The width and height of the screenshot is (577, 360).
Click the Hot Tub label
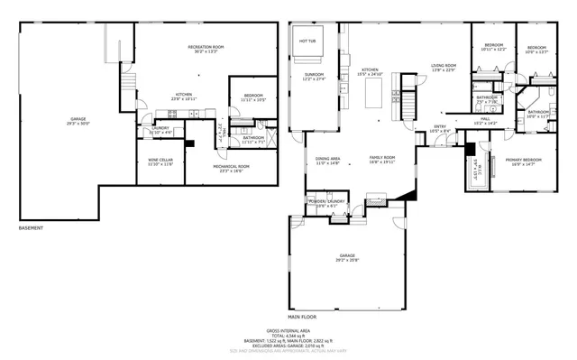(307, 41)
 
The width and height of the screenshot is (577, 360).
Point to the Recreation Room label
(206, 47)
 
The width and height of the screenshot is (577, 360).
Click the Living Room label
(443, 67)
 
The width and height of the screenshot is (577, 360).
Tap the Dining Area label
(327, 161)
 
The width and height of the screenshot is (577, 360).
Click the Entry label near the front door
(440, 127)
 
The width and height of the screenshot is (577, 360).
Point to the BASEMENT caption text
(32, 227)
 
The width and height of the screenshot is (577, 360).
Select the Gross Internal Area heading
(288, 331)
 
